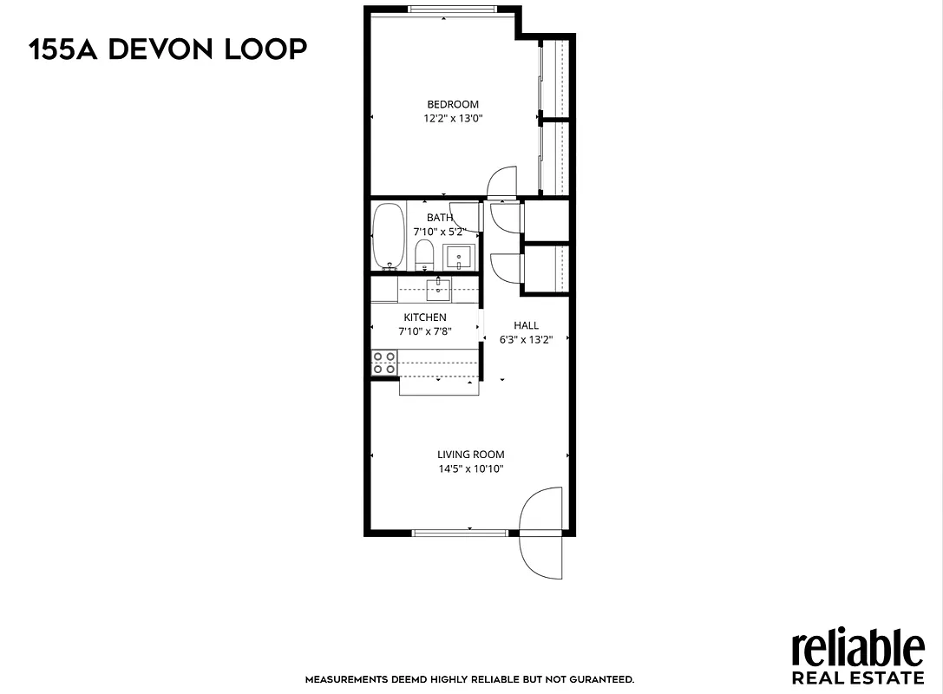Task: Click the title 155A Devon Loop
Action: (168, 49)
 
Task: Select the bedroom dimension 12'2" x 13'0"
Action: (453, 119)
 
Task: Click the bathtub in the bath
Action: (388, 237)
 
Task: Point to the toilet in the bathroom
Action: (424, 255)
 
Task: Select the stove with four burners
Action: (384, 363)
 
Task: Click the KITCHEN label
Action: (425, 318)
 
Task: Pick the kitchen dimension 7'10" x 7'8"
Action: (425, 331)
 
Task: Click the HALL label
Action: (526, 325)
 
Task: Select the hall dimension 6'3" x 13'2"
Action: (526, 339)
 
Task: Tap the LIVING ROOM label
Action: (470, 455)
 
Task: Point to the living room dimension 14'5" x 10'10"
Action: (470, 468)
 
